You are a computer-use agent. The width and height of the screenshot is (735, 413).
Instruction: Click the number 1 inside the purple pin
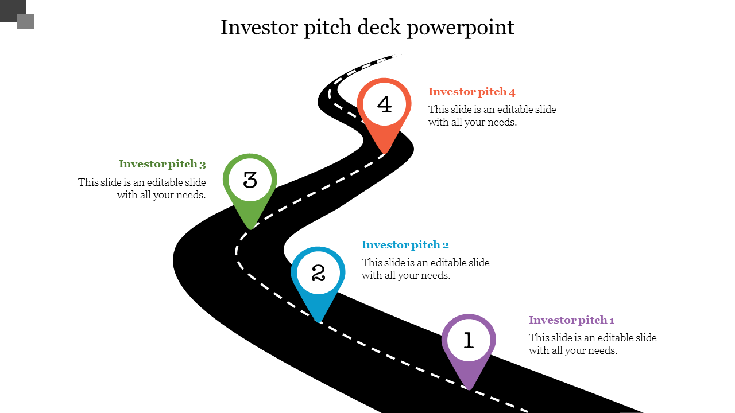click(469, 341)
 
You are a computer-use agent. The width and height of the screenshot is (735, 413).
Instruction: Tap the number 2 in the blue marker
click(318, 273)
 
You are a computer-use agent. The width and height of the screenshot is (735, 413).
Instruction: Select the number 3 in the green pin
click(250, 180)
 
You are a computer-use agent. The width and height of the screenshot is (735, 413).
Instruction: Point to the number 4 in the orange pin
click(384, 105)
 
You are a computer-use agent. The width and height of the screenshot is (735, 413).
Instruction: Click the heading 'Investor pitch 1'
click(571, 320)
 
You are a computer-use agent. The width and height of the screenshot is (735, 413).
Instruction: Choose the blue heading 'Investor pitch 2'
click(405, 245)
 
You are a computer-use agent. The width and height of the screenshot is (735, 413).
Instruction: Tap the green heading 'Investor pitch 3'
click(162, 164)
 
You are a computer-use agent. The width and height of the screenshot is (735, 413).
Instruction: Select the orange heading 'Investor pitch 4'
click(471, 92)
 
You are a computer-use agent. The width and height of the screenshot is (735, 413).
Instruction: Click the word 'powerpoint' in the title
click(461, 28)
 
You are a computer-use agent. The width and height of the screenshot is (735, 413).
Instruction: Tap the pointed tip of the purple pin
click(469, 388)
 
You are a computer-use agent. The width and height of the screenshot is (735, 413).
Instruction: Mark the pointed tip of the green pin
click(250, 228)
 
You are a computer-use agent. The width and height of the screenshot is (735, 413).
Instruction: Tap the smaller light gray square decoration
click(26, 22)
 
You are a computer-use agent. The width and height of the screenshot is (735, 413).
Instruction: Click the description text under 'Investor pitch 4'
click(492, 116)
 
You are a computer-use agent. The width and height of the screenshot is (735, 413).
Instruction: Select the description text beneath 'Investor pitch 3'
click(142, 189)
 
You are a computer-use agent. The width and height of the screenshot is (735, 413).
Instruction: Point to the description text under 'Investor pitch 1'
click(593, 344)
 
